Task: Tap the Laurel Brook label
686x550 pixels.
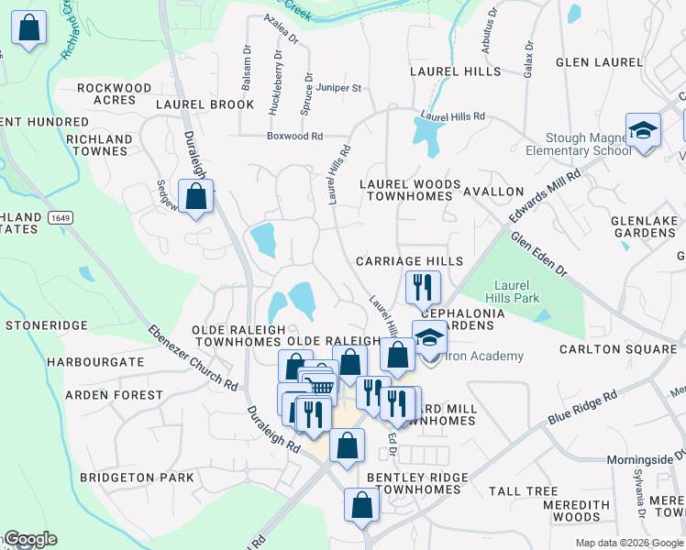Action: pos(205,104)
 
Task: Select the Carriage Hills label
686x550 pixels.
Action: pos(409,261)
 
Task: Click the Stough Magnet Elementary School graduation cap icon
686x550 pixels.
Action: pos(643,129)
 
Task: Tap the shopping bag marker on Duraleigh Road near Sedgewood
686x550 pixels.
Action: pos(196,196)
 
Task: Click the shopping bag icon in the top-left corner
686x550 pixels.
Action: pos(29,28)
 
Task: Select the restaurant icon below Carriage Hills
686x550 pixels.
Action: pos(422,286)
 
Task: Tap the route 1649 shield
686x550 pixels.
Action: pos(61,217)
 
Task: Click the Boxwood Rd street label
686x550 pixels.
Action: pos(294,137)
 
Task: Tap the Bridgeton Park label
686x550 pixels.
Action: pos(137,478)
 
